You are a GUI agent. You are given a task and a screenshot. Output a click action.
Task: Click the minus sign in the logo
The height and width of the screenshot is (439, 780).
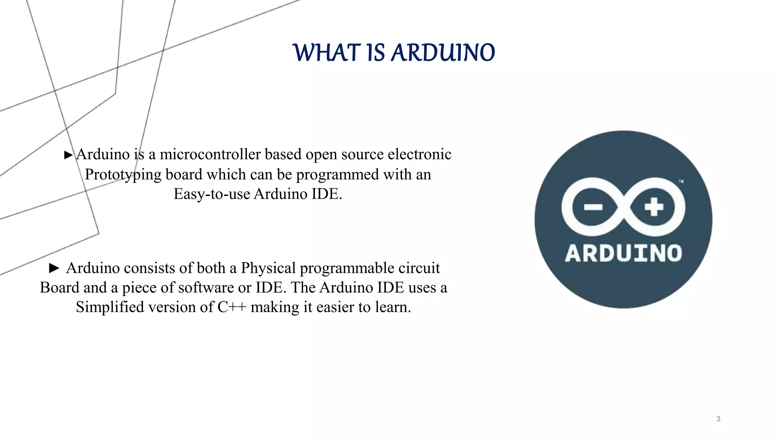click(593, 207)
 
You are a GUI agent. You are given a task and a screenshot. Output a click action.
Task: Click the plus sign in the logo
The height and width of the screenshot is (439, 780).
click(654, 207)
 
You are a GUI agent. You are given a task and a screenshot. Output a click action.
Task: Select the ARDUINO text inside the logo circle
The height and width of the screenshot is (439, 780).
click(623, 253)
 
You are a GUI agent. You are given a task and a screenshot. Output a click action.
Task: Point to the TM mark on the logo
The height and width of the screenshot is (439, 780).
click(681, 182)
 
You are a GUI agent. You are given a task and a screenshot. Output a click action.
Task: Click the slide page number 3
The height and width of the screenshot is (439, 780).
click(718, 419)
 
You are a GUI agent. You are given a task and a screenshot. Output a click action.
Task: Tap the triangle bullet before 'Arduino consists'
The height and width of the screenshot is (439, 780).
click(54, 268)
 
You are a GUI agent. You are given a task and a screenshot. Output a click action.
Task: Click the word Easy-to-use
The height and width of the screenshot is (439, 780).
click(212, 194)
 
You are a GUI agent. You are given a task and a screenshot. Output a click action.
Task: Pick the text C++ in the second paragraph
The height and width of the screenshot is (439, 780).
click(232, 307)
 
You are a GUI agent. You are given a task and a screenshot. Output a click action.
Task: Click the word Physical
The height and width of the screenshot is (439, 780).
click(268, 268)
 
